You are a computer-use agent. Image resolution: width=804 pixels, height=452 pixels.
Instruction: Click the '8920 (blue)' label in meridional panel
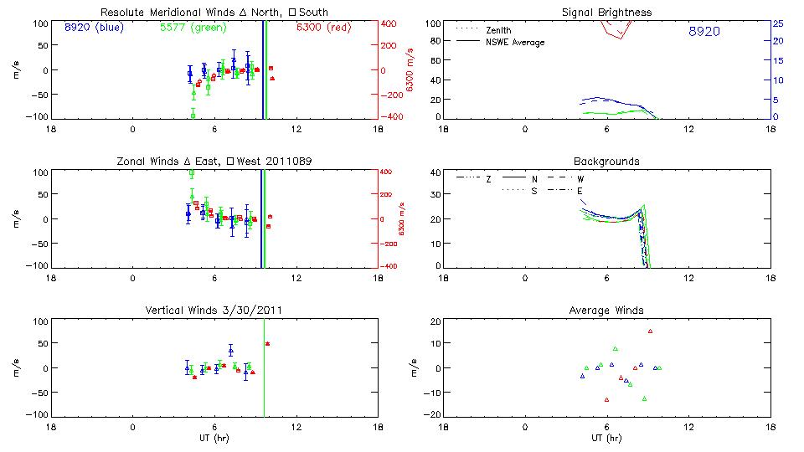tap(92, 28)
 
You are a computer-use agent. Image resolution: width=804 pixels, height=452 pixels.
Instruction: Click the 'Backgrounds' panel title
tap(606, 161)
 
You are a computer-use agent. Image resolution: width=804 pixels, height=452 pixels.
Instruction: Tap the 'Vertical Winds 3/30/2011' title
tap(214, 311)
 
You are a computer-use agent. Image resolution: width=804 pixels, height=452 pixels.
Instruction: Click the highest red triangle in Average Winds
tap(650, 331)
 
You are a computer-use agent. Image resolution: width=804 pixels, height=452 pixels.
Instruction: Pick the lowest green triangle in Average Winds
tap(645, 399)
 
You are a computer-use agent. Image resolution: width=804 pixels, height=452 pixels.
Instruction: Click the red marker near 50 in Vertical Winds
tap(268, 344)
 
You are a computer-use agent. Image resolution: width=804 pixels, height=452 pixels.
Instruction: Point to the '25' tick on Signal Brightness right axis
tap(777, 23)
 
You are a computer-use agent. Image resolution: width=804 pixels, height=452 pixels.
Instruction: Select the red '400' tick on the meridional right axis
tap(390, 23)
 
